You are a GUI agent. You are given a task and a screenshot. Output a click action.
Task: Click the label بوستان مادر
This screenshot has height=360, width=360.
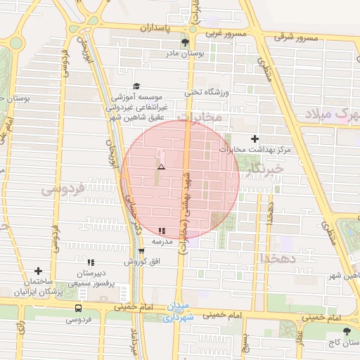pyautogui.click(x=184, y=53)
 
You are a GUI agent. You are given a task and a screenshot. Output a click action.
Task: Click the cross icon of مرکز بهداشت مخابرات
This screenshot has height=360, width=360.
pyautogui.click(x=255, y=139)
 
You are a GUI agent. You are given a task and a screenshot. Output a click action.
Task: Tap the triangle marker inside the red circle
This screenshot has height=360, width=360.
pyautogui.click(x=161, y=167)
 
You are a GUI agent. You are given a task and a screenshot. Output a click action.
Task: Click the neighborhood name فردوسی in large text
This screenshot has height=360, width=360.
pyautogui.click(x=63, y=188)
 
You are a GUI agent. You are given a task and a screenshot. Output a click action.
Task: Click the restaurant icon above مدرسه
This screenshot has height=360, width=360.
pyautogui.click(x=162, y=230)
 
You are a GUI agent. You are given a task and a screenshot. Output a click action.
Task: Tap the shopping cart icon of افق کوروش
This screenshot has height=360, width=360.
pyautogui.click(x=141, y=251)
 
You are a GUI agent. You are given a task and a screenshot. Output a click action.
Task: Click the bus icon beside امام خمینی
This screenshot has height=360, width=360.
pyautogui.click(x=77, y=308)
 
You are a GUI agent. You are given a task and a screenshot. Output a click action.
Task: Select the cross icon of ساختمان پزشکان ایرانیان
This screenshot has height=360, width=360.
pyautogui.click(x=38, y=271)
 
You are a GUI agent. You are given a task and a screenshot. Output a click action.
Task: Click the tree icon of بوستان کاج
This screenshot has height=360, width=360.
pyautogui.click(x=345, y=330)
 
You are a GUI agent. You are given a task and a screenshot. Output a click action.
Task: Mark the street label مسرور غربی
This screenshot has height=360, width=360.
pyautogui.click(x=225, y=33)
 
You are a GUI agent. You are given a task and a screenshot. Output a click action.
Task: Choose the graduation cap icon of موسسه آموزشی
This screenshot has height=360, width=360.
pyautogui.click(x=136, y=85)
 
